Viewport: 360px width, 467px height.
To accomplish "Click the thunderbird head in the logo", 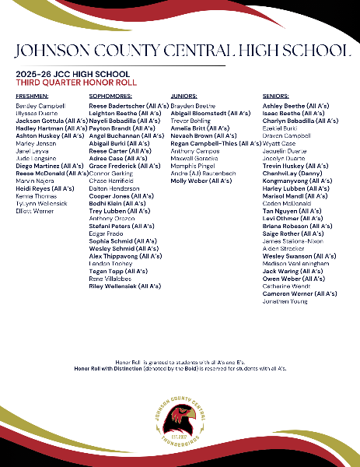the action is coord(179,420).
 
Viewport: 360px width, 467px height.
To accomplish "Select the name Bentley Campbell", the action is coord(40,105).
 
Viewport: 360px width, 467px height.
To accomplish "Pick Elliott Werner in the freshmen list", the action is coord(37,211).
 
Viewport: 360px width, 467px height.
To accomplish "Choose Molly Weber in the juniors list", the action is coord(201,181).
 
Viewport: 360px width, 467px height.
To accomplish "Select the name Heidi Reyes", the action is coord(44,188).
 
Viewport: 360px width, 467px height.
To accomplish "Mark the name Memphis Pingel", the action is coord(194,166).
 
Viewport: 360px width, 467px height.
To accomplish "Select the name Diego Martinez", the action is coord(49,166).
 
